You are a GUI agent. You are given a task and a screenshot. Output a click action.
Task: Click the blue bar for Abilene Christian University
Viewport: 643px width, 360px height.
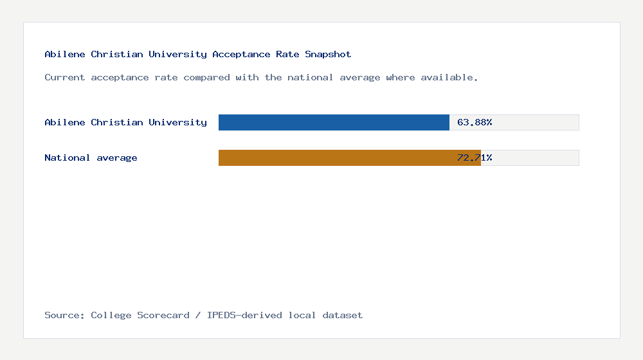(x=334, y=122)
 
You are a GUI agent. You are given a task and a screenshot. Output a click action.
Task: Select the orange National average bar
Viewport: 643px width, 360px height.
(x=349, y=157)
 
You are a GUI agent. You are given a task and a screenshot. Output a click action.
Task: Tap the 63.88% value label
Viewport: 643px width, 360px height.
(x=475, y=122)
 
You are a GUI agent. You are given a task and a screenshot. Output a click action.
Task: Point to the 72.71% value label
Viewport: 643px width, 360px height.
(x=475, y=157)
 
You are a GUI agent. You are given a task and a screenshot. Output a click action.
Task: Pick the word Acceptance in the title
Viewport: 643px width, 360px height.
(x=241, y=55)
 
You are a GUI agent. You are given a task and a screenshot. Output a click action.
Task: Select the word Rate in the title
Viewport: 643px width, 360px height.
(x=287, y=55)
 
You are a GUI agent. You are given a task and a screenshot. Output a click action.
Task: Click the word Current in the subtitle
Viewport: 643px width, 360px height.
(x=64, y=78)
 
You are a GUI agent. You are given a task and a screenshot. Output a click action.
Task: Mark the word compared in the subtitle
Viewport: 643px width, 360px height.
(x=206, y=78)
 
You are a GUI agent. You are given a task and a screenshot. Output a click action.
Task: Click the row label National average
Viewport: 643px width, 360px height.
(x=91, y=158)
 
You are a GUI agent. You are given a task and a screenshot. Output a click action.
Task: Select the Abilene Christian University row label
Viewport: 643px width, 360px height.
(x=125, y=122)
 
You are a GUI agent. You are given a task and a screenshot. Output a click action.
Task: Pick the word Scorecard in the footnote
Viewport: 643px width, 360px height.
(x=163, y=316)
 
